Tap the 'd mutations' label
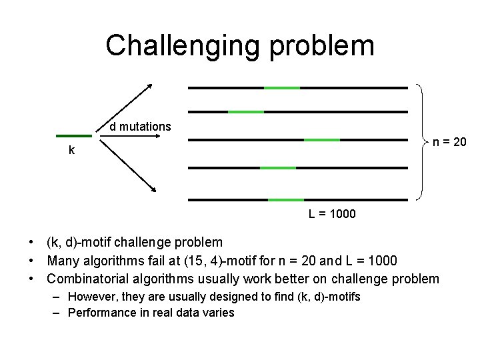(x=140, y=127)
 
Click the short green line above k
(x=73, y=135)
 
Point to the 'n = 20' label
(x=450, y=141)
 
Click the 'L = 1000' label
(x=332, y=214)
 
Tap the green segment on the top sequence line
(x=282, y=87)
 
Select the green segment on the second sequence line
(x=246, y=112)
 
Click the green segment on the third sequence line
(x=322, y=140)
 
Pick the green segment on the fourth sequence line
(x=277, y=168)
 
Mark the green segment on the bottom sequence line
(x=286, y=199)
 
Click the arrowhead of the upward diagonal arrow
(x=150, y=85)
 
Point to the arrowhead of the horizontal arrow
(x=158, y=137)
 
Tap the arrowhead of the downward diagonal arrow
(x=153, y=189)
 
